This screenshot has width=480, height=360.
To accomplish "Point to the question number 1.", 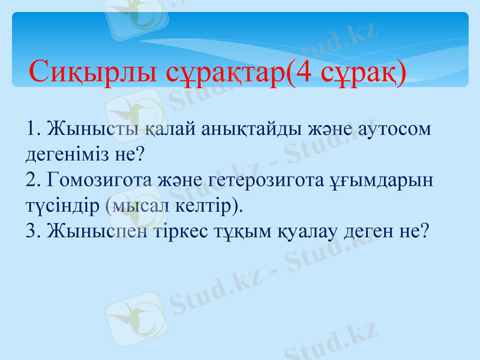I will tap(31, 130).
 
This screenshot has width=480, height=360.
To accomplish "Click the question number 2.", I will tap(31, 180).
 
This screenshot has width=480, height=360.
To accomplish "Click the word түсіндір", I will tap(61, 206).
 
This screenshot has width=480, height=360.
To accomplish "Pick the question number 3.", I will tap(31, 231).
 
